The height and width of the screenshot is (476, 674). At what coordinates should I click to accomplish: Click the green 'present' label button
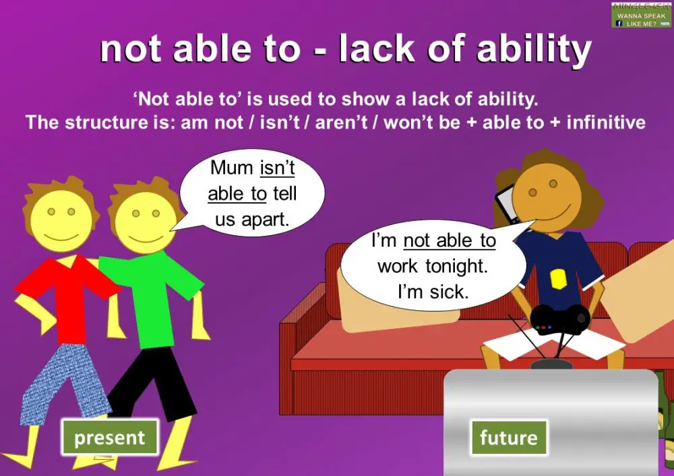pyautogui.click(x=110, y=438)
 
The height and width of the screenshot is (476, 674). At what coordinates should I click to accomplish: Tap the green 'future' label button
pyautogui.click(x=508, y=438)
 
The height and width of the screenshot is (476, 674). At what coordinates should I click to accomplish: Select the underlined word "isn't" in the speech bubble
pyautogui.click(x=277, y=168)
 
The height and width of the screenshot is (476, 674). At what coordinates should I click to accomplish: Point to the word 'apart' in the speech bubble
pyautogui.click(x=268, y=218)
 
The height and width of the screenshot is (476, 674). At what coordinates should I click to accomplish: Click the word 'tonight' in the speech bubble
pyautogui.click(x=456, y=266)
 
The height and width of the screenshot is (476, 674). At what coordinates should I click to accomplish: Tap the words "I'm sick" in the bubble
pyautogui.click(x=433, y=292)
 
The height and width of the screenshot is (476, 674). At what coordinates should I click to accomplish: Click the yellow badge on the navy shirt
pyautogui.click(x=557, y=277)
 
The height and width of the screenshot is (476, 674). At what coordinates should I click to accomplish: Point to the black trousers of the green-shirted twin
pyautogui.click(x=151, y=384)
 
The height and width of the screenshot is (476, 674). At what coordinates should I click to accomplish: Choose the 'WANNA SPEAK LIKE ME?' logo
pyautogui.click(x=642, y=15)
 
